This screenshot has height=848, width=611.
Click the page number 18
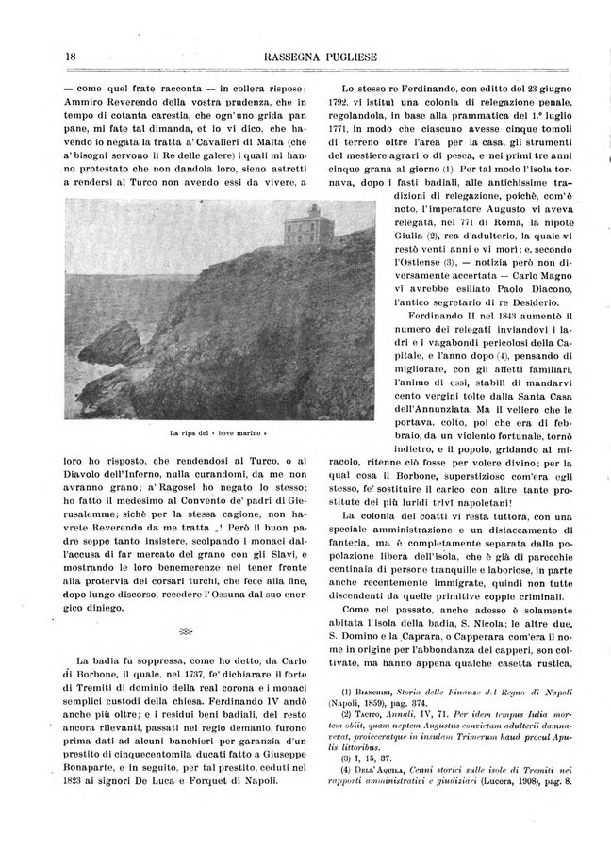[72, 57]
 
